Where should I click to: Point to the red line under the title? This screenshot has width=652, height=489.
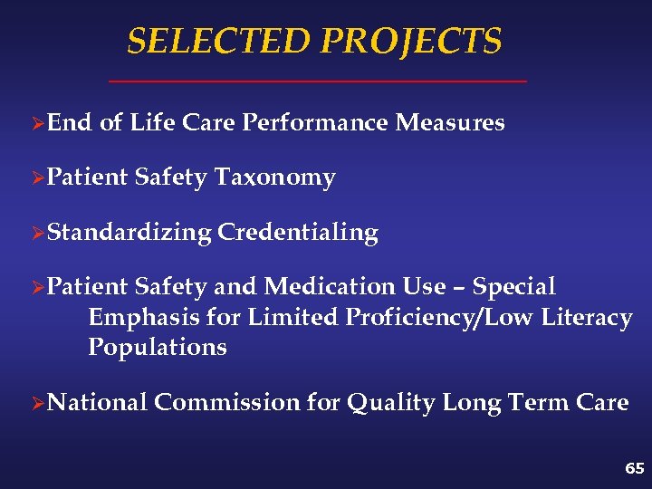(x=317, y=82)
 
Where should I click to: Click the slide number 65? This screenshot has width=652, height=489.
(x=634, y=468)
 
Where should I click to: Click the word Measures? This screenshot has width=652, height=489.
(x=450, y=122)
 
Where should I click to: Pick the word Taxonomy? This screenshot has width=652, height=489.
(x=275, y=177)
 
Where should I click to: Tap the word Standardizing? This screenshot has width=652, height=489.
(x=129, y=233)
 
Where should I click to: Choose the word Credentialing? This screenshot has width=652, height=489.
(x=298, y=233)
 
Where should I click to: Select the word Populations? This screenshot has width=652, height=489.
(x=158, y=348)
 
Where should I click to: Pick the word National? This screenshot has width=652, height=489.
(x=97, y=402)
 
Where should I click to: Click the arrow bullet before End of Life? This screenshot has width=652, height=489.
(x=37, y=124)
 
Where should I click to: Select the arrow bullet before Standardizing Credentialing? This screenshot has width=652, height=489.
(x=37, y=234)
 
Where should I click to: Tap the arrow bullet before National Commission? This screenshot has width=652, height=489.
(x=37, y=403)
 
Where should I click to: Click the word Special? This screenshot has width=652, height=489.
(x=514, y=287)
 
